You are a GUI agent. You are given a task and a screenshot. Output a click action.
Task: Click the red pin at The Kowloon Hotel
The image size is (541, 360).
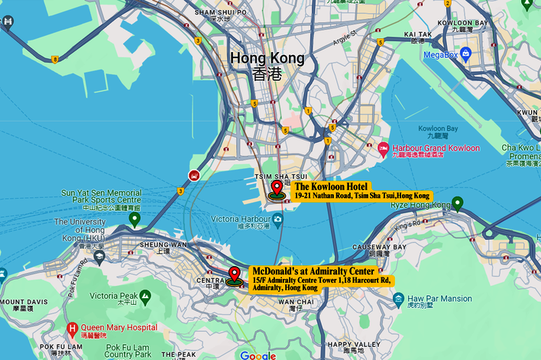(x=277, y=188)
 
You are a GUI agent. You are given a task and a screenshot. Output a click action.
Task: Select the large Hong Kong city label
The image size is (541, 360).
(x=267, y=59)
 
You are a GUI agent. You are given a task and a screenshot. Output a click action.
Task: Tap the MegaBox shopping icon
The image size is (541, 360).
(x=464, y=55)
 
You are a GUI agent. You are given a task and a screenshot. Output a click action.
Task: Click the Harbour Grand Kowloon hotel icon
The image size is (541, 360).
(x=383, y=148)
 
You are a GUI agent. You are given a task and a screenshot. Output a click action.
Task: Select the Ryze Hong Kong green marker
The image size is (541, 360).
(x=457, y=203)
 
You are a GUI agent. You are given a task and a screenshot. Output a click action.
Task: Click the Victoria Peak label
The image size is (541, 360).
(x=113, y=296)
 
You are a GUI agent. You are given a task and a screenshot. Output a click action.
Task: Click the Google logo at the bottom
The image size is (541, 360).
(x=258, y=355)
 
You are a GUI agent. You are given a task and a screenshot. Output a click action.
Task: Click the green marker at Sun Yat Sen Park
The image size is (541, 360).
(x=134, y=220)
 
